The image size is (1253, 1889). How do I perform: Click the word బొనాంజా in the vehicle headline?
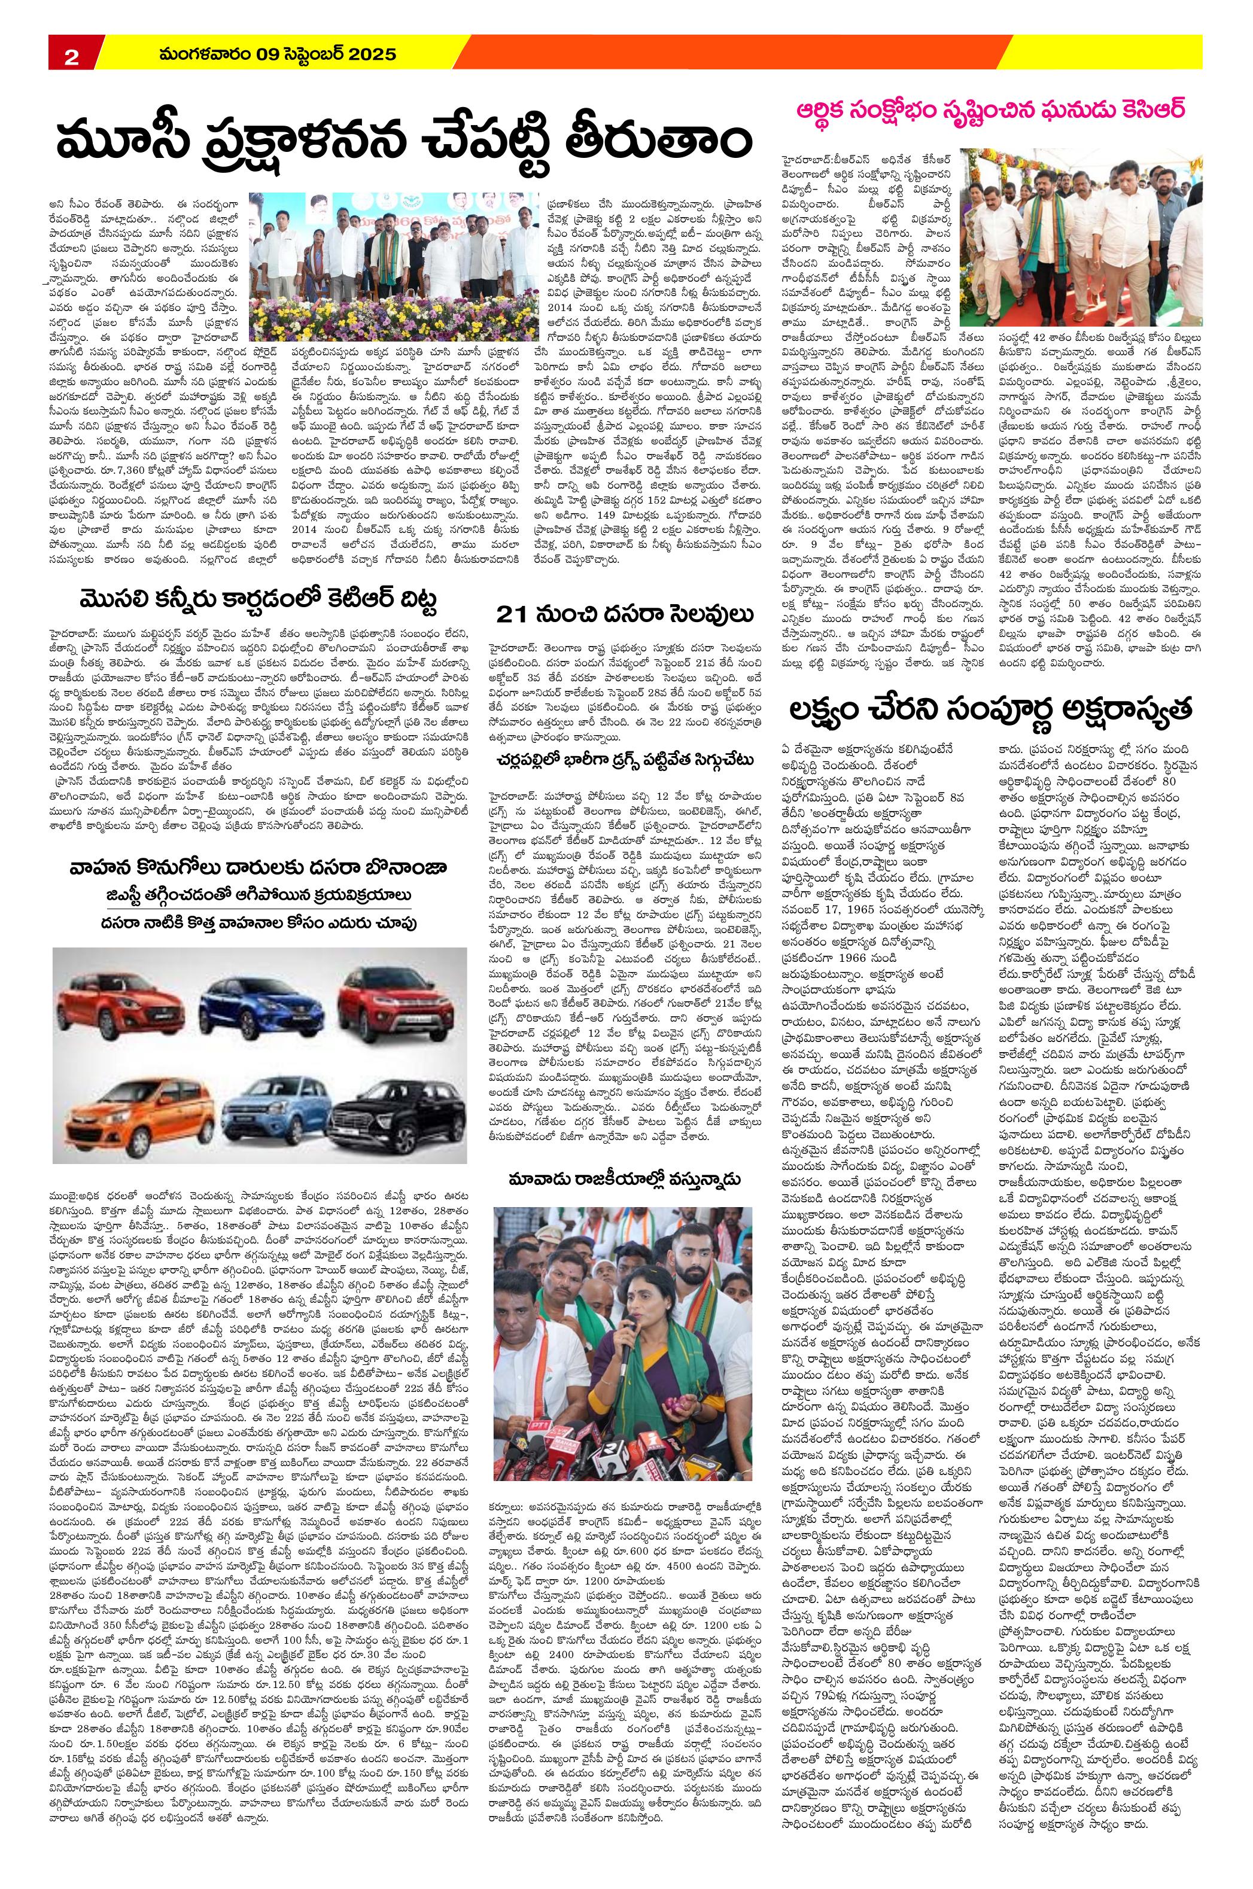[x=403, y=868]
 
